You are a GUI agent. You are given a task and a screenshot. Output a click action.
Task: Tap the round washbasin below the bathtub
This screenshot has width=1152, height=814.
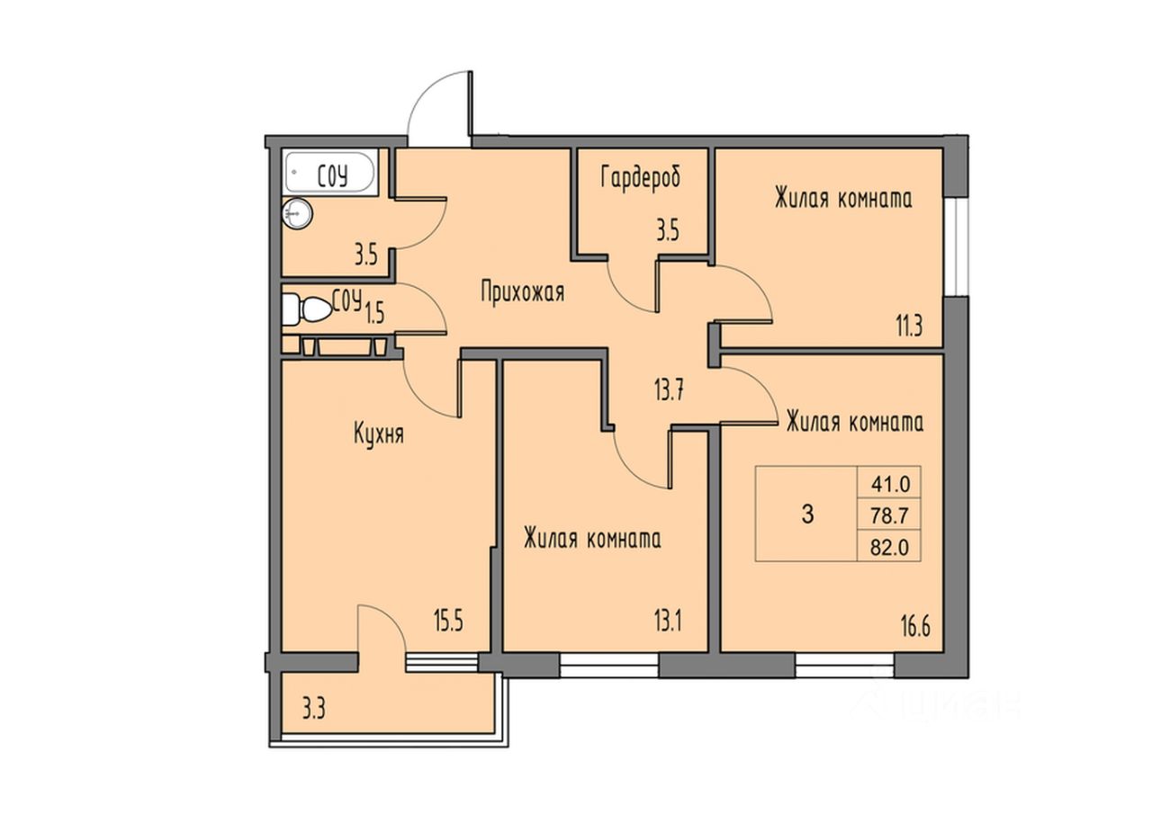[x=297, y=212]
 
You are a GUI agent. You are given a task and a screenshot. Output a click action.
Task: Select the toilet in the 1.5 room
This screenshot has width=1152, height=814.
[x=307, y=309]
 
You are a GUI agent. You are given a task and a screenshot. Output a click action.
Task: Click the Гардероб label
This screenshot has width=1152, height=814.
[x=641, y=177]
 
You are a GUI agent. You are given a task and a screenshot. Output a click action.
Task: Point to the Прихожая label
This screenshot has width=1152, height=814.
[x=522, y=292]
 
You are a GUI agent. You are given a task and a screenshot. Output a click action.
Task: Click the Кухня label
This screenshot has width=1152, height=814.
[x=378, y=435]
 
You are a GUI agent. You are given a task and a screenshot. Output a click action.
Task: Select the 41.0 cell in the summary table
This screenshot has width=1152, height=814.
[x=890, y=484]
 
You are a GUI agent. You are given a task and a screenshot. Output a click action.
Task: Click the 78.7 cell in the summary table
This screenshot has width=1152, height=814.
[x=890, y=514]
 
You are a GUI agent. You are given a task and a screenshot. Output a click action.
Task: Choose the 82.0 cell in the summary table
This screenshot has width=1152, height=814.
[x=890, y=545]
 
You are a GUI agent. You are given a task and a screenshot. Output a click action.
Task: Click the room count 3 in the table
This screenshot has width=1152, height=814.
[x=806, y=514]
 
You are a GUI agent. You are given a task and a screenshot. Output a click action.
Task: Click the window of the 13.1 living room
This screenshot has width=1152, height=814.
[x=609, y=666]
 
